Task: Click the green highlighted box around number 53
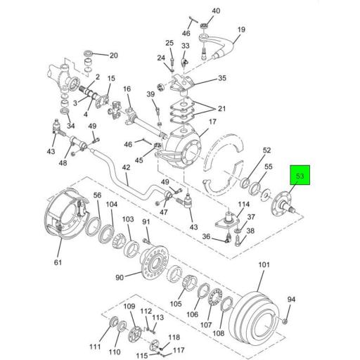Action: click(300, 175)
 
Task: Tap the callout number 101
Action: click(264, 265)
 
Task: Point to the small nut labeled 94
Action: click(285, 321)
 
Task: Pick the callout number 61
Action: click(58, 262)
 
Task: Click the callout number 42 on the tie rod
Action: click(126, 168)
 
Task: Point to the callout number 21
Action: click(221, 109)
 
